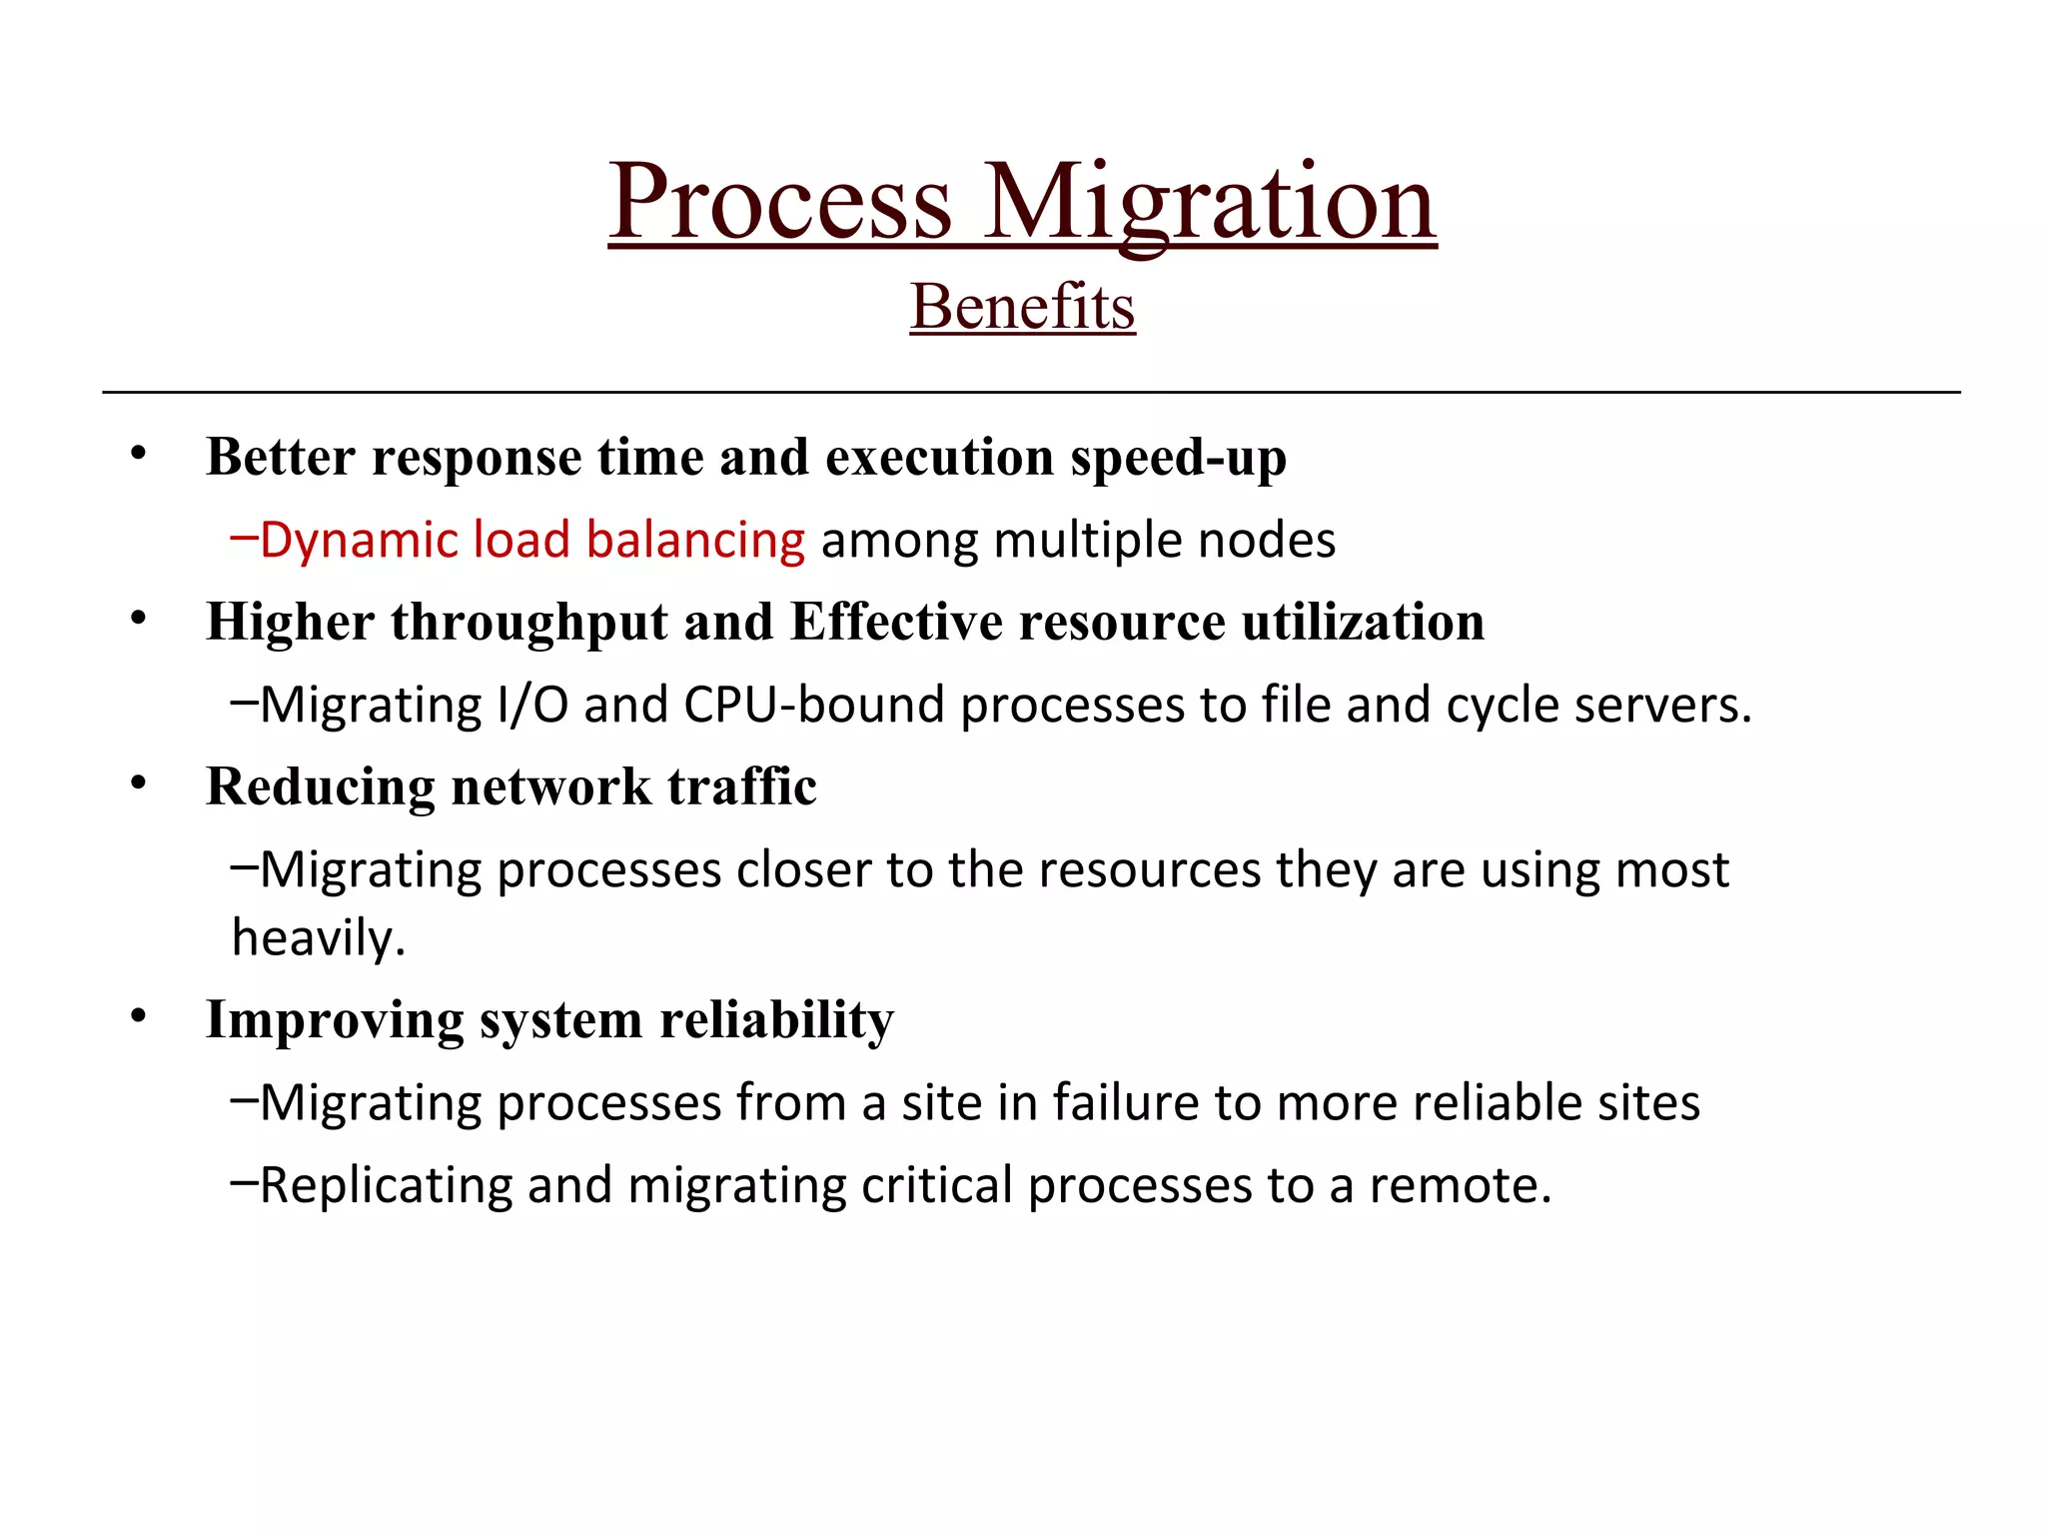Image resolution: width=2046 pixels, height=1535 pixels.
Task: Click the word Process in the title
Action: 780,203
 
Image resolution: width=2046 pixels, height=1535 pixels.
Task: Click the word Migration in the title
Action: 1210,203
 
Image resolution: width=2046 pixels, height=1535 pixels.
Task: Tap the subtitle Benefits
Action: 1022,307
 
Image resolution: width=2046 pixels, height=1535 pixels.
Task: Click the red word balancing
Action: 695,541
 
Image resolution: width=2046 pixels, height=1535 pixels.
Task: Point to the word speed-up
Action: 1178,459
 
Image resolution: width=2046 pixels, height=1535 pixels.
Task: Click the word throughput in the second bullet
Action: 529,623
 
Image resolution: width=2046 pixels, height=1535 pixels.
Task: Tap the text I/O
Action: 532,706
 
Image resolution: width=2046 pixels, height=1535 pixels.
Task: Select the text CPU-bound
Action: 813,706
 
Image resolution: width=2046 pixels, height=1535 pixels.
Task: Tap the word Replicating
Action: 386,1186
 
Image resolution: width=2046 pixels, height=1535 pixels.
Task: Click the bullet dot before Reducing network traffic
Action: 138,784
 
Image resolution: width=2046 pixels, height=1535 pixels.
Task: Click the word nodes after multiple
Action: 1266,541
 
